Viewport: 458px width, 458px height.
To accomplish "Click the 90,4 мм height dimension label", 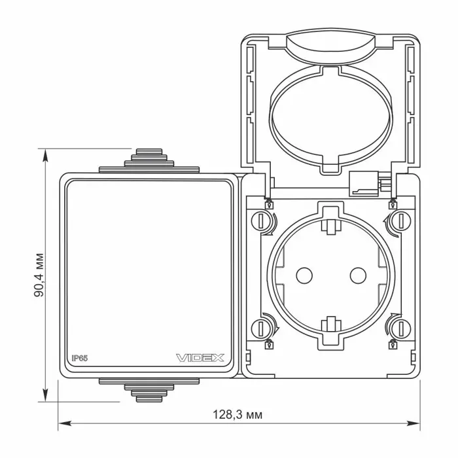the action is coord(39,275).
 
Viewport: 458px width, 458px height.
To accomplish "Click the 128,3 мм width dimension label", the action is coord(238,414).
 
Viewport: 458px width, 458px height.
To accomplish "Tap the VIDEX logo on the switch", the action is coord(200,358).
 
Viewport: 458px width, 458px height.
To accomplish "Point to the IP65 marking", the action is coord(80,358).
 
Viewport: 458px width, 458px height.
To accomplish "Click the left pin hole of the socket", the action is coord(304,275).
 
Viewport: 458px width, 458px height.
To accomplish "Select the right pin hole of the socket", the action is coord(358,275).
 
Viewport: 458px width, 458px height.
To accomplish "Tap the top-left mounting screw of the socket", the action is coord(260,220).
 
